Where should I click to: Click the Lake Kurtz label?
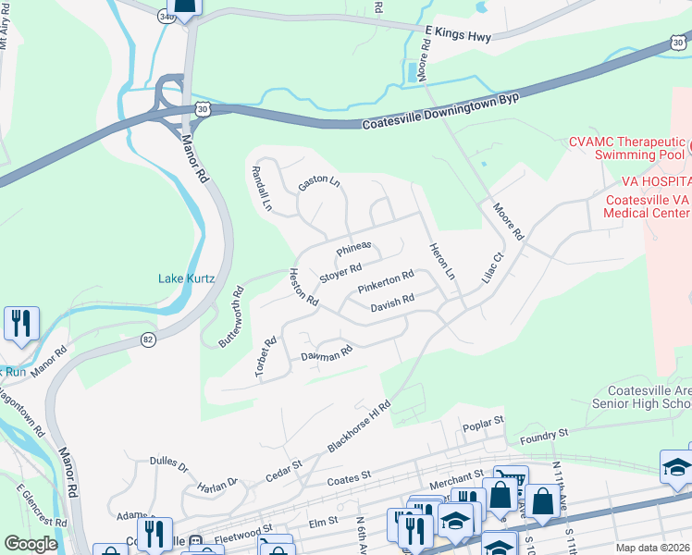(x=186, y=278)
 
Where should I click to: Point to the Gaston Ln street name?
(x=319, y=181)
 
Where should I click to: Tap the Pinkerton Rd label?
(x=385, y=279)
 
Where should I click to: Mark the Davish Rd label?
(x=391, y=302)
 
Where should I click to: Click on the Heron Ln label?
(x=442, y=262)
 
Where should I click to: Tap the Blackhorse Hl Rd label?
(x=360, y=426)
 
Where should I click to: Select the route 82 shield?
(x=149, y=340)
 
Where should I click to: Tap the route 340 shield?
(x=167, y=17)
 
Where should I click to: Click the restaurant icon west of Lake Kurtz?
(x=19, y=324)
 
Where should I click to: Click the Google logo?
(x=31, y=544)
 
